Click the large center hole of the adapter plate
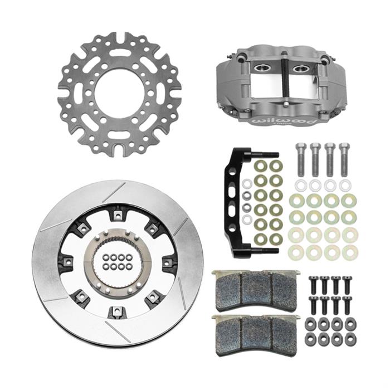[x=119, y=94]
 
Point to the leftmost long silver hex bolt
[x=301, y=159]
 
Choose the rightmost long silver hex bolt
[x=344, y=159]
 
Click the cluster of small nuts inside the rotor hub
[x=118, y=262]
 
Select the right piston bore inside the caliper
[x=301, y=68]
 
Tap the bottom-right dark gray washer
[x=350, y=338]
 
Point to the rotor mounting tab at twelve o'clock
[x=118, y=212]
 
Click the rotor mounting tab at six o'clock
[x=118, y=310]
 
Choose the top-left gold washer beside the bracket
[x=260, y=167]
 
